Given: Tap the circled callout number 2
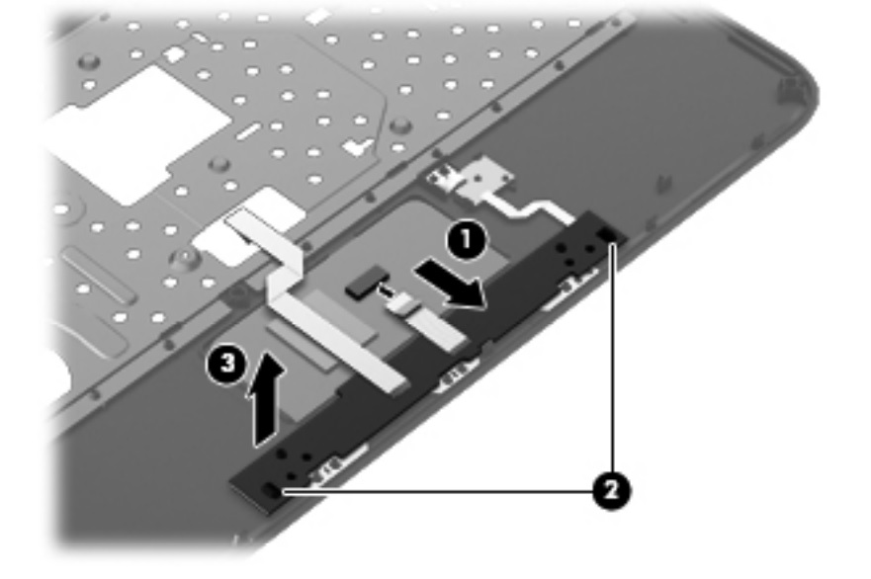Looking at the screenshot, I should (608, 490).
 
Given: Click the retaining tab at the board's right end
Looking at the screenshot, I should (606, 233).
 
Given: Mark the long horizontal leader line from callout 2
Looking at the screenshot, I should (435, 490).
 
